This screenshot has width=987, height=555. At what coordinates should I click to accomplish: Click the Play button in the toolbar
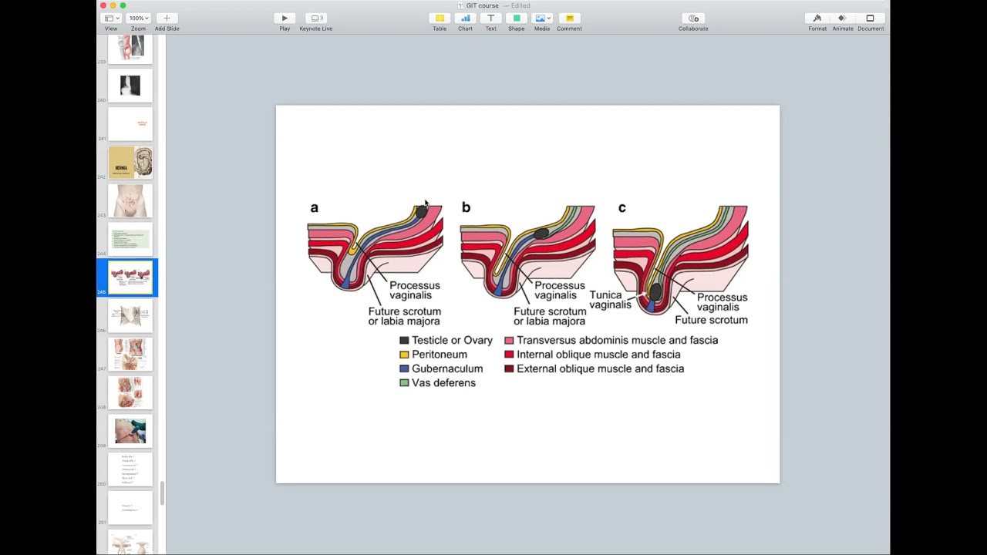click(285, 18)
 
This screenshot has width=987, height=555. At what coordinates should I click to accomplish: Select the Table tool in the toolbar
click(440, 18)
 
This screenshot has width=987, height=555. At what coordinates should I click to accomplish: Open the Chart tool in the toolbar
click(465, 18)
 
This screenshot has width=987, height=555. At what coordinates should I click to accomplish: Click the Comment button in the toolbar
click(569, 18)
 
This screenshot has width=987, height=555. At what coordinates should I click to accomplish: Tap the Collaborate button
click(693, 18)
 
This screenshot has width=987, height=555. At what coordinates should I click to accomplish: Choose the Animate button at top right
click(842, 18)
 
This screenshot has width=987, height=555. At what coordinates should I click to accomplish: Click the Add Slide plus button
click(167, 18)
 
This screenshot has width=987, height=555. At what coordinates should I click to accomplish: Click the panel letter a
click(314, 207)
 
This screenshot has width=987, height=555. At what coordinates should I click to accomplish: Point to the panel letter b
click(466, 207)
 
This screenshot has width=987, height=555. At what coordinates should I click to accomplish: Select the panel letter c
click(622, 207)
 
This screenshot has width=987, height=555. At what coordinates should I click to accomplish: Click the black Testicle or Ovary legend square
click(404, 340)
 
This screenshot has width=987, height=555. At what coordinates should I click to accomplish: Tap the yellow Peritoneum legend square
click(404, 355)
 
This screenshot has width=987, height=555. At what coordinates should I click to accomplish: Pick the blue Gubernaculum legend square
click(404, 368)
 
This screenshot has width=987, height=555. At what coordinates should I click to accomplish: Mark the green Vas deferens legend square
click(404, 383)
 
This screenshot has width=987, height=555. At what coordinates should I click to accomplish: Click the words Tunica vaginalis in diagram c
click(610, 300)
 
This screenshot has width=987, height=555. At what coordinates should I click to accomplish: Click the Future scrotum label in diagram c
click(711, 320)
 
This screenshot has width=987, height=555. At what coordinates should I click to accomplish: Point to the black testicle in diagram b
click(541, 233)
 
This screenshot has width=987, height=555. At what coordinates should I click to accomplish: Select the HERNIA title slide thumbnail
click(130, 163)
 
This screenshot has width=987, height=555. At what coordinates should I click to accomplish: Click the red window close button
click(103, 5)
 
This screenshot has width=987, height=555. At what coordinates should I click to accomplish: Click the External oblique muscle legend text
click(600, 368)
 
